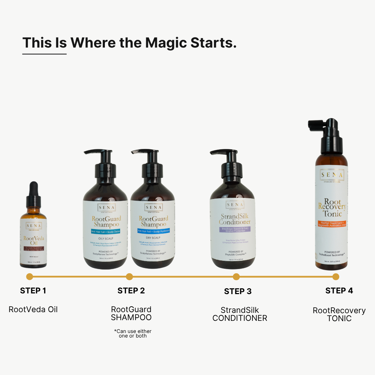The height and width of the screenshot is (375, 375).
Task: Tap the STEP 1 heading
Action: click(33, 291)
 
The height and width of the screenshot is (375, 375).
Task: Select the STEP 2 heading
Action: click(131, 291)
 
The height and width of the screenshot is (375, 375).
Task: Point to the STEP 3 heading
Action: click(237, 291)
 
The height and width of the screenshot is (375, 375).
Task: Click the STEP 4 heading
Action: click(339, 291)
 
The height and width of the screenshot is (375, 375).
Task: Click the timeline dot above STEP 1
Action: click(30, 277)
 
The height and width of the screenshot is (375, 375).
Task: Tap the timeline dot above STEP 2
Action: click(129, 277)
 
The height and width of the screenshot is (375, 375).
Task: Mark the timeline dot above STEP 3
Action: click(236, 277)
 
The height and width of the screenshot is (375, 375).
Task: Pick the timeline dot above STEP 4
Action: click(335, 277)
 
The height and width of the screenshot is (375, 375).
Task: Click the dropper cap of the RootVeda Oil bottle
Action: click(33, 191)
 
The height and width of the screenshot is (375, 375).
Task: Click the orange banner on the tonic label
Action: click(332, 223)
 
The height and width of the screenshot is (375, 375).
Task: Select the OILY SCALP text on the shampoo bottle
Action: click(106, 238)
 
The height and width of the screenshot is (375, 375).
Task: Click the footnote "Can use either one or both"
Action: click(133, 333)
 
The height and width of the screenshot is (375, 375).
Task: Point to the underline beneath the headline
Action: click(44, 54)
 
